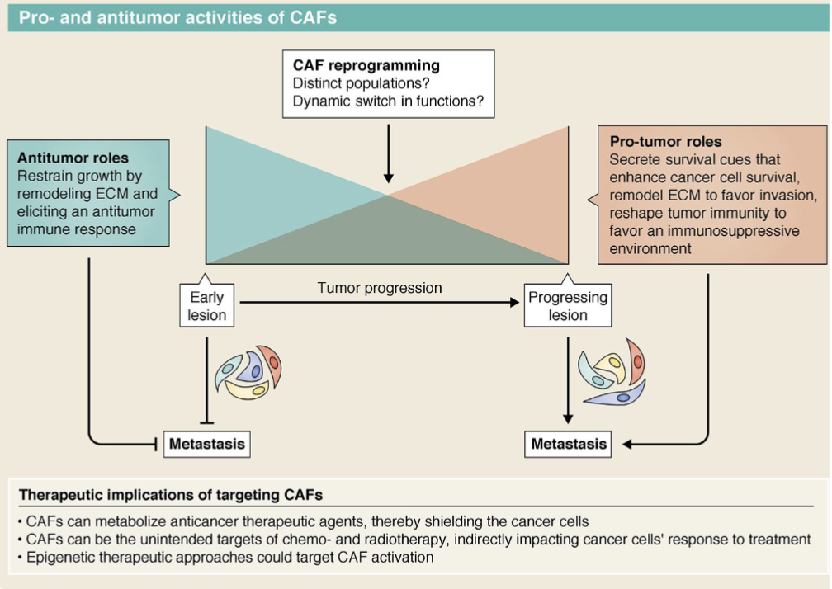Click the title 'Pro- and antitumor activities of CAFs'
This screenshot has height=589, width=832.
[x=178, y=17]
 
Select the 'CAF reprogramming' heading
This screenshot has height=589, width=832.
[x=366, y=65]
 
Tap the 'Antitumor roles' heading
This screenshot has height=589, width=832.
[x=73, y=157]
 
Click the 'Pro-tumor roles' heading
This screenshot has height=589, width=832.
[x=666, y=141]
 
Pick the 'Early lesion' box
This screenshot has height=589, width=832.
[x=207, y=306]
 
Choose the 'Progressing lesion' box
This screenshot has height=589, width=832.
[x=568, y=306]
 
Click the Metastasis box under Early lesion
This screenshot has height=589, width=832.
[x=207, y=444]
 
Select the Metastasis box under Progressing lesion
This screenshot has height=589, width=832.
[x=569, y=444]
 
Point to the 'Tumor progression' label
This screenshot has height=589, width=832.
[x=380, y=288]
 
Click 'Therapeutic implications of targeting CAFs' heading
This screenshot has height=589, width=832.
[x=171, y=495]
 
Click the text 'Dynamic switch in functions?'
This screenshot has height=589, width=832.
[x=388, y=103]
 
